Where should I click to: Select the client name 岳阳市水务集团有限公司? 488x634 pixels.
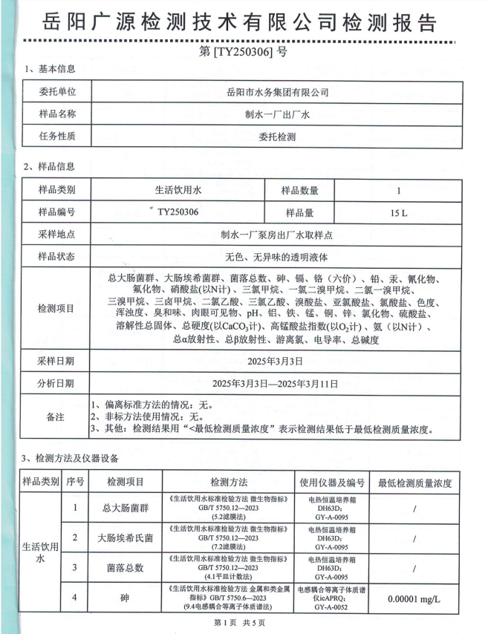tap(277, 93)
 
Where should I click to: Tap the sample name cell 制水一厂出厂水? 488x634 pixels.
tap(277, 114)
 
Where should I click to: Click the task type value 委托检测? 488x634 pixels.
tap(277, 137)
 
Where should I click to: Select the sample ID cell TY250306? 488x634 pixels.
tap(178, 212)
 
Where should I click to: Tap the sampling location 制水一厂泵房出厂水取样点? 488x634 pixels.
tap(277, 235)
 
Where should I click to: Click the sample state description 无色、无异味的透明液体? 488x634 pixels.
tap(277, 257)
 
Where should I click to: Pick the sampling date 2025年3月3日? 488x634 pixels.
tap(277, 362)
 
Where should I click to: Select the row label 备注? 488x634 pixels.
tap(56, 416)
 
